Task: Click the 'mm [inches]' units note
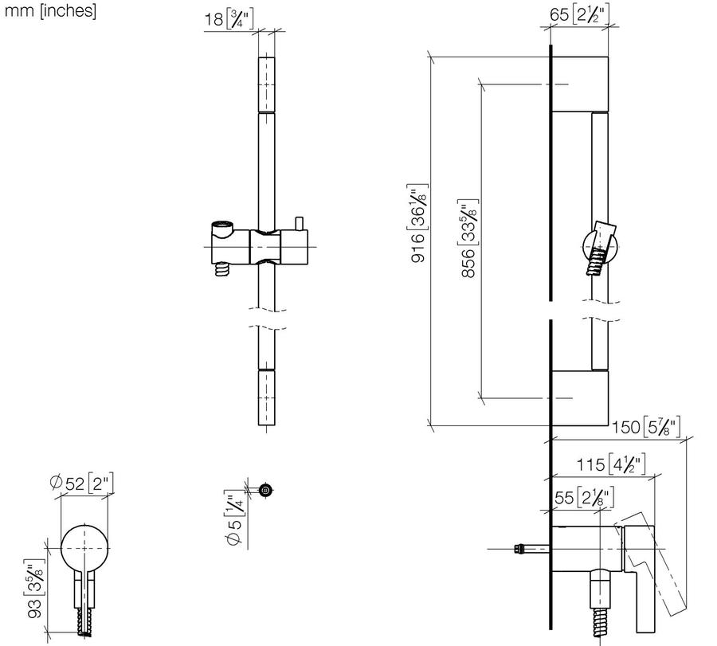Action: [x=50, y=10]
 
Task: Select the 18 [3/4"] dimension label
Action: [x=228, y=19]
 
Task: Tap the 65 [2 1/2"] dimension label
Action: [x=579, y=14]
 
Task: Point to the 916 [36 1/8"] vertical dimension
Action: [x=418, y=223]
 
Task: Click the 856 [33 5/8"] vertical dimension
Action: [x=468, y=238]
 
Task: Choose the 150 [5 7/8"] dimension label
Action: [x=646, y=427]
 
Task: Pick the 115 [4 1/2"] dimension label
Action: [x=610, y=464]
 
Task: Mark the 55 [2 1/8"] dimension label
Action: [x=584, y=497]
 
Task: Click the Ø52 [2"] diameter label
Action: [x=81, y=484]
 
